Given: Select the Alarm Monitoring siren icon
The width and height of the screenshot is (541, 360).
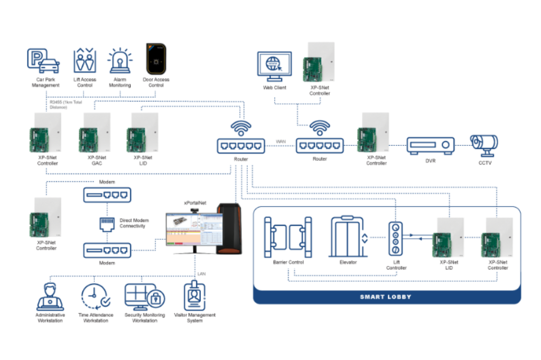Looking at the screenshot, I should point(119,61).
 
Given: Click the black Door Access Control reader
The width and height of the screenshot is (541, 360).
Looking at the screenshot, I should point(156,60).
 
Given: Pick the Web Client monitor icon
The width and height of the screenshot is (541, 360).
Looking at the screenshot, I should point(274,67).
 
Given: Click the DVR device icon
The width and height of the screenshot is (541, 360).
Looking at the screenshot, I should point(431,145).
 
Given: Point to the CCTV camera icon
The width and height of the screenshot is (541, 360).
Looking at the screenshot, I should point(484,144).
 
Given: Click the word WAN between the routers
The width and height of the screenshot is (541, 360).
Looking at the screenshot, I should point(281,141).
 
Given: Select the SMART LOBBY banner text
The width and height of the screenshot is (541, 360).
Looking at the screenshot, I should point(386,297).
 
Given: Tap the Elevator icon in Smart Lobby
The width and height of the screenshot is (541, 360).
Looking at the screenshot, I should point(348,236).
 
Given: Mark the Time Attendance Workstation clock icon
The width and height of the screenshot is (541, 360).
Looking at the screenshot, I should point(95,297).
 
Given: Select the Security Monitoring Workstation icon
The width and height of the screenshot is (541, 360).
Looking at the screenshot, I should point(144,297).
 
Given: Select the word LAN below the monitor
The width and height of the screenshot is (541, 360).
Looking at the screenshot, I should point(201,274).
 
